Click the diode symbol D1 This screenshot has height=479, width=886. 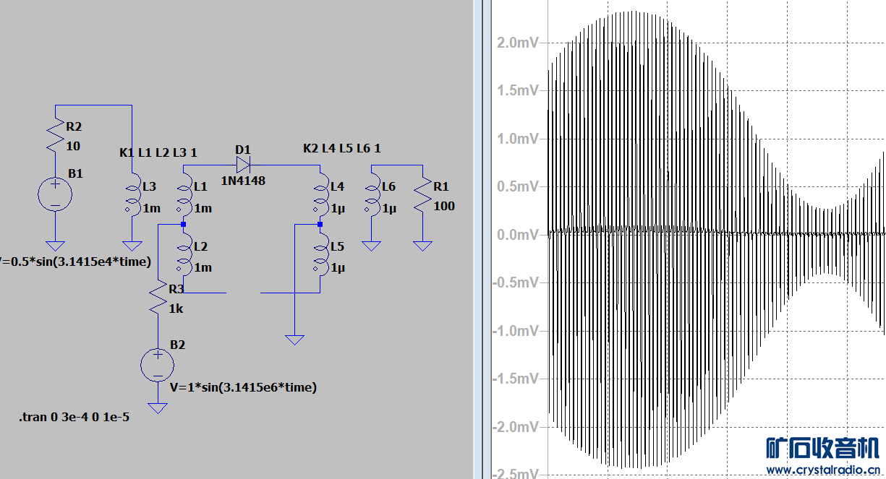[243, 165]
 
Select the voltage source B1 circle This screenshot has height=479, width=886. [55, 194]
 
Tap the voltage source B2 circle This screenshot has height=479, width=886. [158, 365]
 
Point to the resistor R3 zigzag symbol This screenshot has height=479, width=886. [158, 298]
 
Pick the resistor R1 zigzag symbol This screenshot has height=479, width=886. [423, 194]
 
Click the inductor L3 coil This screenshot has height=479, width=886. [133, 194]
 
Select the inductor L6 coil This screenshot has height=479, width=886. [372, 194]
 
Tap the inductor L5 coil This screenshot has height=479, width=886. [321, 254]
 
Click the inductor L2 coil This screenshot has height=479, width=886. [184, 254]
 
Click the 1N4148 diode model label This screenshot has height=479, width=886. [243, 181]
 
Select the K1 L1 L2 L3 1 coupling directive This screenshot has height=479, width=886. [158, 152]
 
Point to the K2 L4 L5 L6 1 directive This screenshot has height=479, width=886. [341, 148]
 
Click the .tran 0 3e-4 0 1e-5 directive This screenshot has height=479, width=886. [74, 417]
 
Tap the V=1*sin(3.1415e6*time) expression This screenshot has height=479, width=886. [243, 387]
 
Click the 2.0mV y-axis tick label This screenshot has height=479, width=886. [518, 43]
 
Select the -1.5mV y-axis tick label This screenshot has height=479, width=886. [516, 379]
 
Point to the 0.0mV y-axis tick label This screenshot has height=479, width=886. [518, 235]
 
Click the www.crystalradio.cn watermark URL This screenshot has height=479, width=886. [823, 470]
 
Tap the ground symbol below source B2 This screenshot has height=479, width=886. [158, 408]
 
